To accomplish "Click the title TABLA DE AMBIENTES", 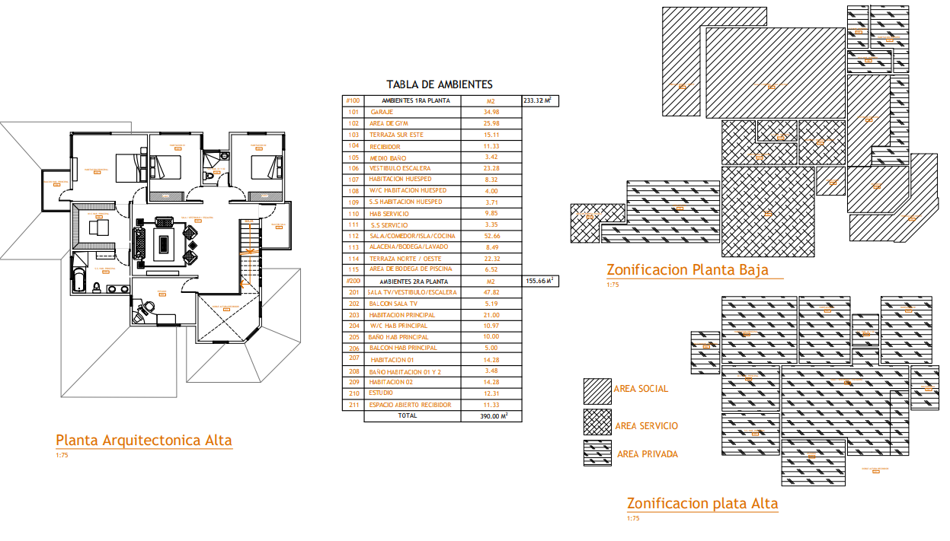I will point(440,84).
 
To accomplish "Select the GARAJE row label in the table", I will point(382,112).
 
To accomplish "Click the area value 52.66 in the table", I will point(491,236).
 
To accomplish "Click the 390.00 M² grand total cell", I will point(494,416).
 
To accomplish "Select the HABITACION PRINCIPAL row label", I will point(402,315).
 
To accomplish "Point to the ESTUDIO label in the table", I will point(381,393).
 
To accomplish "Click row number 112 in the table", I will point(353,236).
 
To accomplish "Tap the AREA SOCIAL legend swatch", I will point(597,391).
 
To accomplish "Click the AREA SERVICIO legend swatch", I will point(597,422).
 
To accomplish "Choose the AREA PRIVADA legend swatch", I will point(597,453).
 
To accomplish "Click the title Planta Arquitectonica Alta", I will point(144,440).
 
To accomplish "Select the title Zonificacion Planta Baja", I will point(687,269).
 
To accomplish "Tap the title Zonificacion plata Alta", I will point(702,503).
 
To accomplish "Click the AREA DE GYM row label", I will point(390,123).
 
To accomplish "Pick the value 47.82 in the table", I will point(491,292).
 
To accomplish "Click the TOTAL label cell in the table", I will point(408,416).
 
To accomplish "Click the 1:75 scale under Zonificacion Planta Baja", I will point(613,285).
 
